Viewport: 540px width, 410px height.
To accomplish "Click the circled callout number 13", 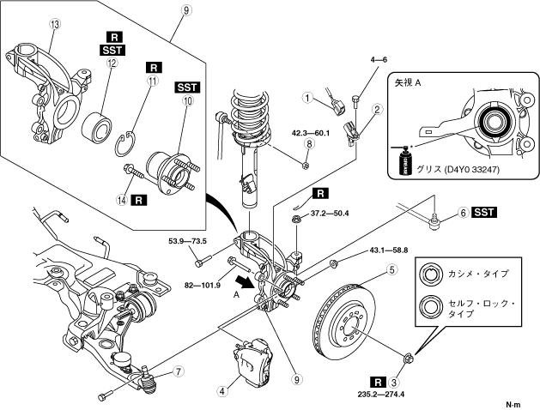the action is (x=55, y=24).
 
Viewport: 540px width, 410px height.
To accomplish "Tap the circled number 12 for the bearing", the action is (x=112, y=63).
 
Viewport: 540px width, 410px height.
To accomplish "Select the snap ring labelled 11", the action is (x=125, y=144).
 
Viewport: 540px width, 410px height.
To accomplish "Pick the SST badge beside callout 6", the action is (x=484, y=213).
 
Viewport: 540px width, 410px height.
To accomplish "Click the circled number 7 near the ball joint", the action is (x=179, y=371).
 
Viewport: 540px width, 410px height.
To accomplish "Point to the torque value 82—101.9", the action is (x=203, y=285).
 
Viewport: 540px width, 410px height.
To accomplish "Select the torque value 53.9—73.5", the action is (x=187, y=241).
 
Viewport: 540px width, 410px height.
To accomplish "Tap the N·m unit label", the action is (x=513, y=405).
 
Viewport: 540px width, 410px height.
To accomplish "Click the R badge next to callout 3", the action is (x=378, y=383).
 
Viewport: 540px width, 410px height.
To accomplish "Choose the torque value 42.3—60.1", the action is (x=310, y=132).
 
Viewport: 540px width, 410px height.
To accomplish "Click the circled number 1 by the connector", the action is (x=307, y=98).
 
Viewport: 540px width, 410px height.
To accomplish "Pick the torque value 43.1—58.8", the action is (x=388, y=250).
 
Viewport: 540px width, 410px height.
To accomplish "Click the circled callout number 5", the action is (x=392, y=269).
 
